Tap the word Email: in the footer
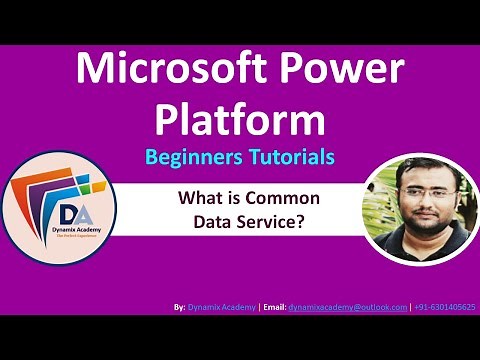[274, 307]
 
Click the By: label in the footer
[179, 307]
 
